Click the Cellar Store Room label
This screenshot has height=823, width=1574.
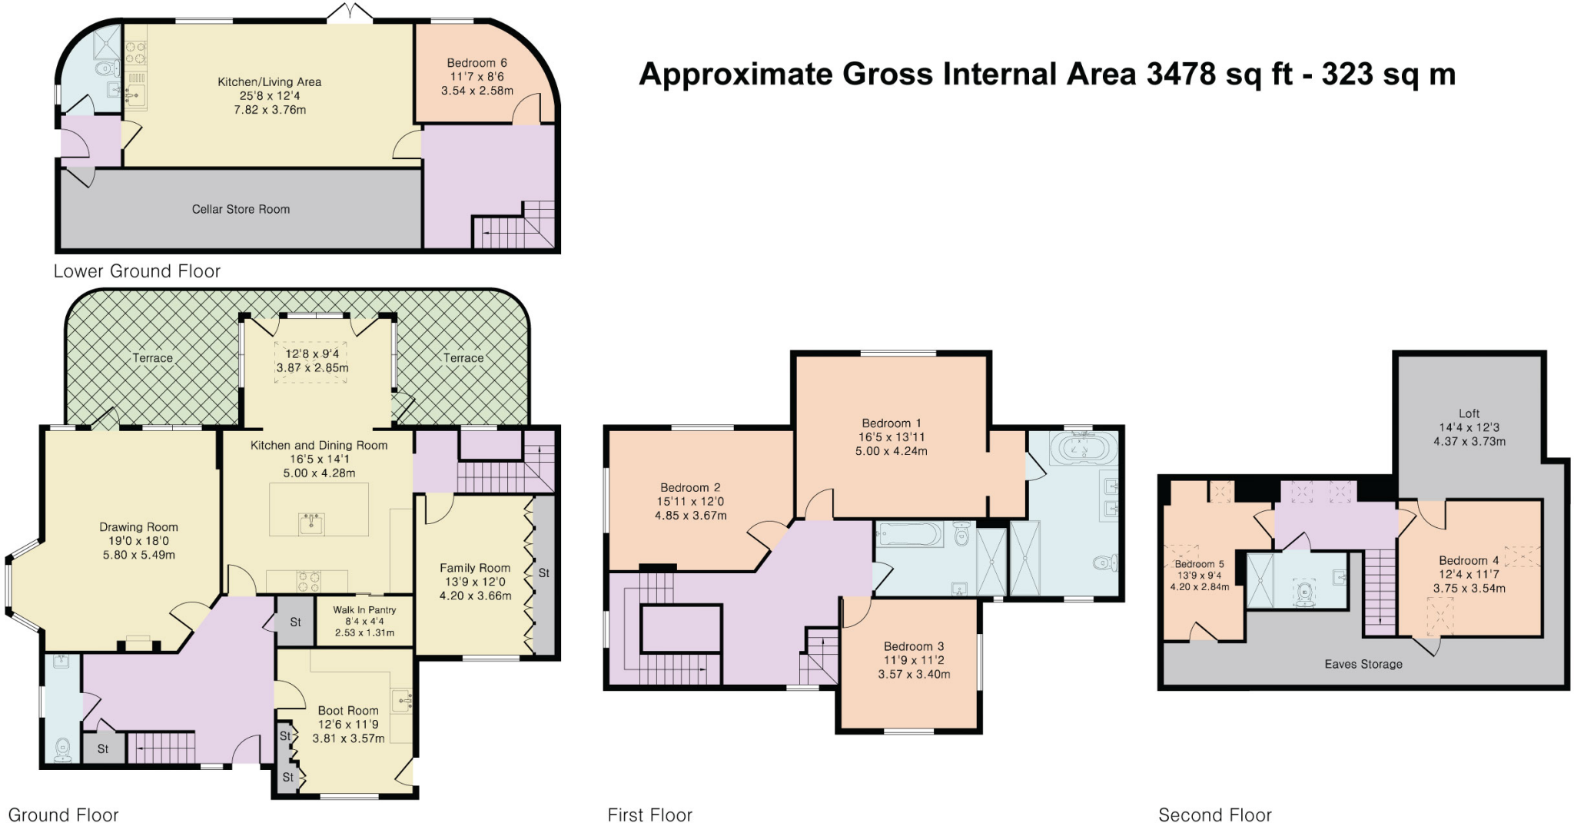click(241, 209)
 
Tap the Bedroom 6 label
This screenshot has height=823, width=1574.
click(477, 63)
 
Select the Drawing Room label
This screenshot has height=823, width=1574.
click(138, 527)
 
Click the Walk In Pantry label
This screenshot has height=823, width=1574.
click(364, 610)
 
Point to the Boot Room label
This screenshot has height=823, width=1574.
click(348, 711)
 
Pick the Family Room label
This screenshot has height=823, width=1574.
click(475, 568)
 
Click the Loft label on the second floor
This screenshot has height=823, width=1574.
click(1469, 413)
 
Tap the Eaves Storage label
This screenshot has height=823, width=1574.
click(1363, 664)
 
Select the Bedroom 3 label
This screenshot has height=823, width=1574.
click(914, 646)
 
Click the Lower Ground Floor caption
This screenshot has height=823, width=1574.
click(137, 271)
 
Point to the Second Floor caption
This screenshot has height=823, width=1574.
click(1215, 815)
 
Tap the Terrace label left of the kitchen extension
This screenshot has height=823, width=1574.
click(152, 358)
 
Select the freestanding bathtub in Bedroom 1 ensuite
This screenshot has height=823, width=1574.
click(1083, 447)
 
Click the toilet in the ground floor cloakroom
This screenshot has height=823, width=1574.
click(63, 750)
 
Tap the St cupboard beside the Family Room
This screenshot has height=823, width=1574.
click(544, 573)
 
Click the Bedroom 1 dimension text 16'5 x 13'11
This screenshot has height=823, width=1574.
click(892, 437)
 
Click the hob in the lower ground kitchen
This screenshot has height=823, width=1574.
click(136, 52)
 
